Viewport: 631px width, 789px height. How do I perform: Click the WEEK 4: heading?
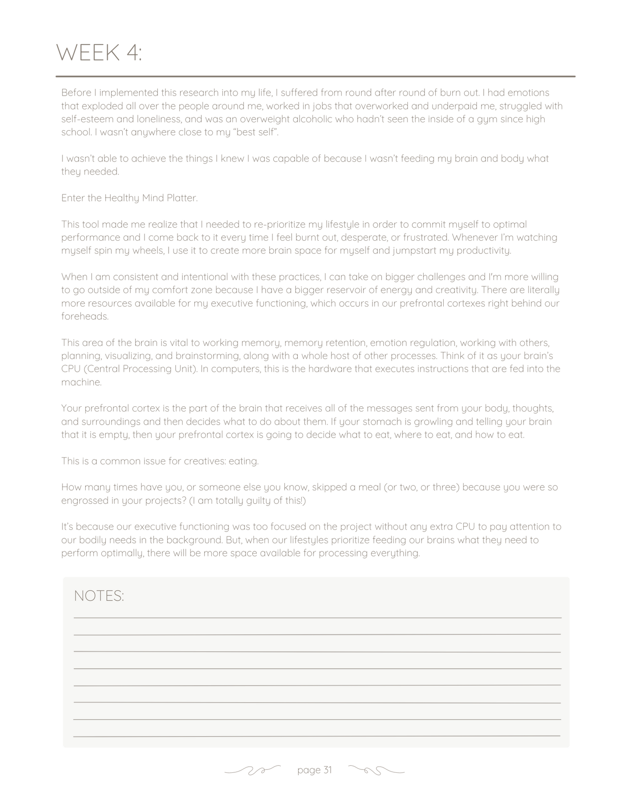[99, 53]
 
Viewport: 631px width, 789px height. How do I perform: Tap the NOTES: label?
[99, 596]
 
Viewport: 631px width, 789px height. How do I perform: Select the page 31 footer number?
[314, 770]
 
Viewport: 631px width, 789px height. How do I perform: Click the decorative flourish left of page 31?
[252, 770]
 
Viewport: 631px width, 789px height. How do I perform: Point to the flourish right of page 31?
[376, 770]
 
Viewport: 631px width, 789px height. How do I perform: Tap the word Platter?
[182, 198]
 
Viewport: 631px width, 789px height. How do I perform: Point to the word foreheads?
[85, 316]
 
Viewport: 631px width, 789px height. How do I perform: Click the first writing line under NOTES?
[317, 617]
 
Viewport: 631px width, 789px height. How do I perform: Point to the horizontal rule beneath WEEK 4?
[315, 76]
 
